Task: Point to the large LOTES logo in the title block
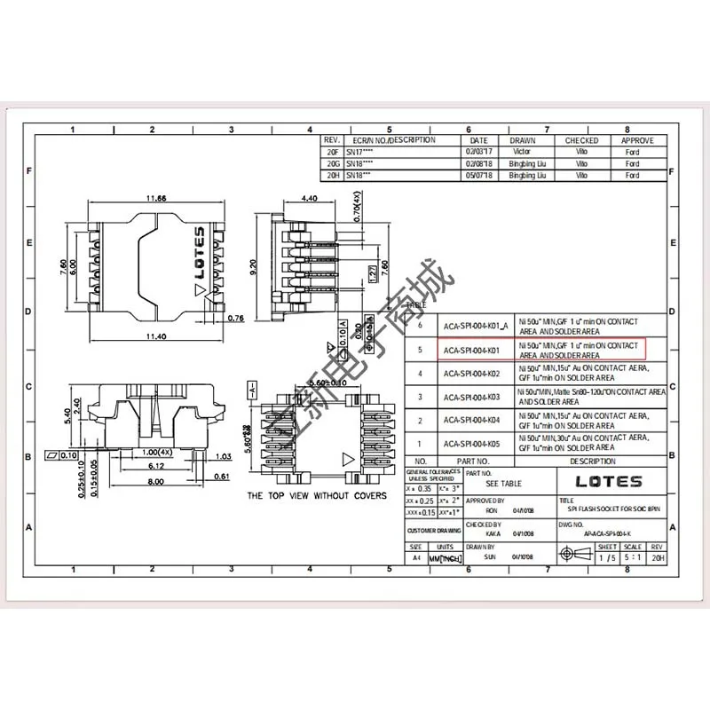(609, 482)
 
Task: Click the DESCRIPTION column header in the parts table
(593, 461)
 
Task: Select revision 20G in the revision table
(332, 164)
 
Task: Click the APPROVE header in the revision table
(636, 140)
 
